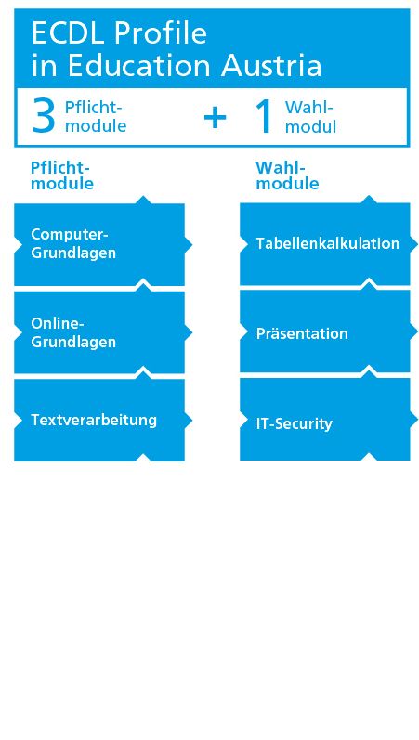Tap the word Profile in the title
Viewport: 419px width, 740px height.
pyautogui.click(x=161, y=34)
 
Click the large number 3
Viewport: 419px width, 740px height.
pyautogui.click(x=44, y=117)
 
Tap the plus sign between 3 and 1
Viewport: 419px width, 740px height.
pyautogui.click(x=216, y=117)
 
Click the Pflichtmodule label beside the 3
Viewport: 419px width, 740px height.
pyautogui.click(x=95, y=117)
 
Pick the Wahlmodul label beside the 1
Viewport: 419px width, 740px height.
pyautogui.click(x=310, y=117)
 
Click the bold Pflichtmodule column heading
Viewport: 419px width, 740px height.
pyautogui.click(x=62, y=175)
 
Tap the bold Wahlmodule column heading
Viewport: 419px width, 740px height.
pyautogui.click(x=287, y=175)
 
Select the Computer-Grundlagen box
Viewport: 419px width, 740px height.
pyautogui.click(x=99, y=244)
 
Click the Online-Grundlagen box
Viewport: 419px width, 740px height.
pyautogui.click(x=99, y=332)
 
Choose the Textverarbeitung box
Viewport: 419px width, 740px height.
pyautogui.click(x=99, y=420)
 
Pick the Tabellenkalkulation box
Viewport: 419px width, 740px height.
pyautogui.click(x=326, y=244)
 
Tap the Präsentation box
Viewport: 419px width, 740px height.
pyautogui.click(x=326, y=331)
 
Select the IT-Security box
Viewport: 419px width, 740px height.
pyautogui.click(x=326, y=419)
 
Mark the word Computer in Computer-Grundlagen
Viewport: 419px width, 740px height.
pyautogui.click(x=68, y=235)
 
